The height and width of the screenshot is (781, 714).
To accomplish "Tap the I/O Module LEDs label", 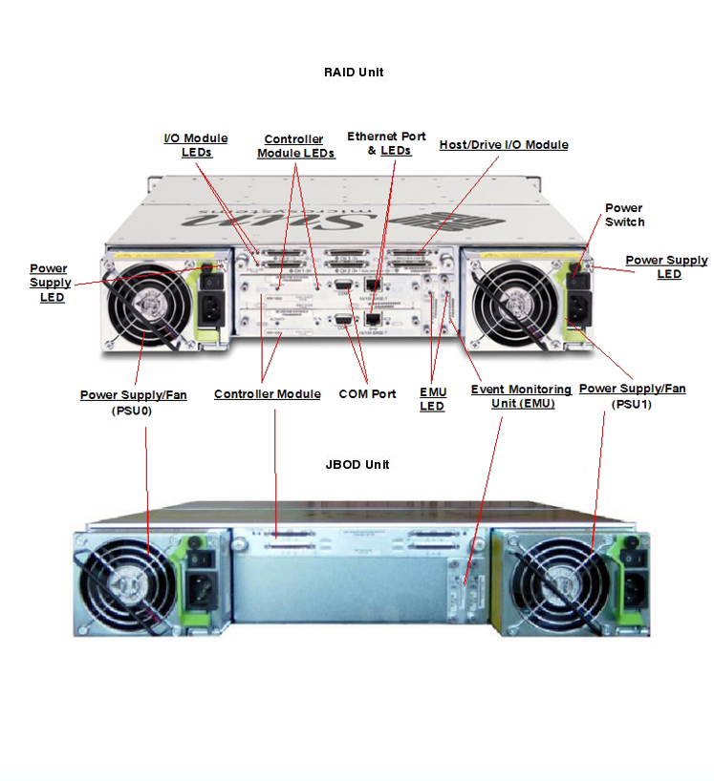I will coord(196,145).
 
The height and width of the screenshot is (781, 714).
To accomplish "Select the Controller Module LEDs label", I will coord(294,146).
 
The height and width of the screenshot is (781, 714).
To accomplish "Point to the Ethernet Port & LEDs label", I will coord(386,143).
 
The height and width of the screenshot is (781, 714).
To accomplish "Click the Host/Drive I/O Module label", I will coord(504,145).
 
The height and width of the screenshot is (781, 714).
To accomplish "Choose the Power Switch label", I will coord(624,215).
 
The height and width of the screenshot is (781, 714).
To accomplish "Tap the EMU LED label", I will coord(433,399).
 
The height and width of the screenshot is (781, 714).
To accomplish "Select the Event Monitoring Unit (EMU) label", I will coord(521,396).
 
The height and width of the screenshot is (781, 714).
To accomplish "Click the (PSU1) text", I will coord(632,404).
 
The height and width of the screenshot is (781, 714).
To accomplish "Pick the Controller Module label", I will coord(267,394).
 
